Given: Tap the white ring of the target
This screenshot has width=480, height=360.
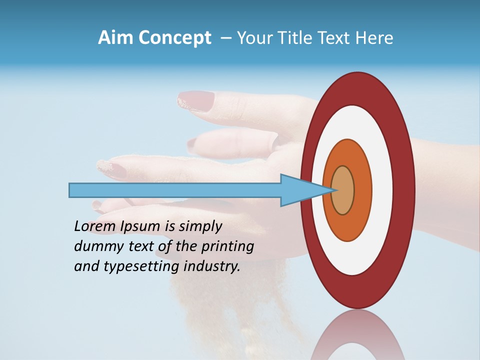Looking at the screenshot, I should click(382, 190).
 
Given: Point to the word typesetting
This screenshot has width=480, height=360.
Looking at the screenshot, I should click(141, 267).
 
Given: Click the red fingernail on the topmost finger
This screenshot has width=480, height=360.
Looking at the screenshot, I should click(192, 99).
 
